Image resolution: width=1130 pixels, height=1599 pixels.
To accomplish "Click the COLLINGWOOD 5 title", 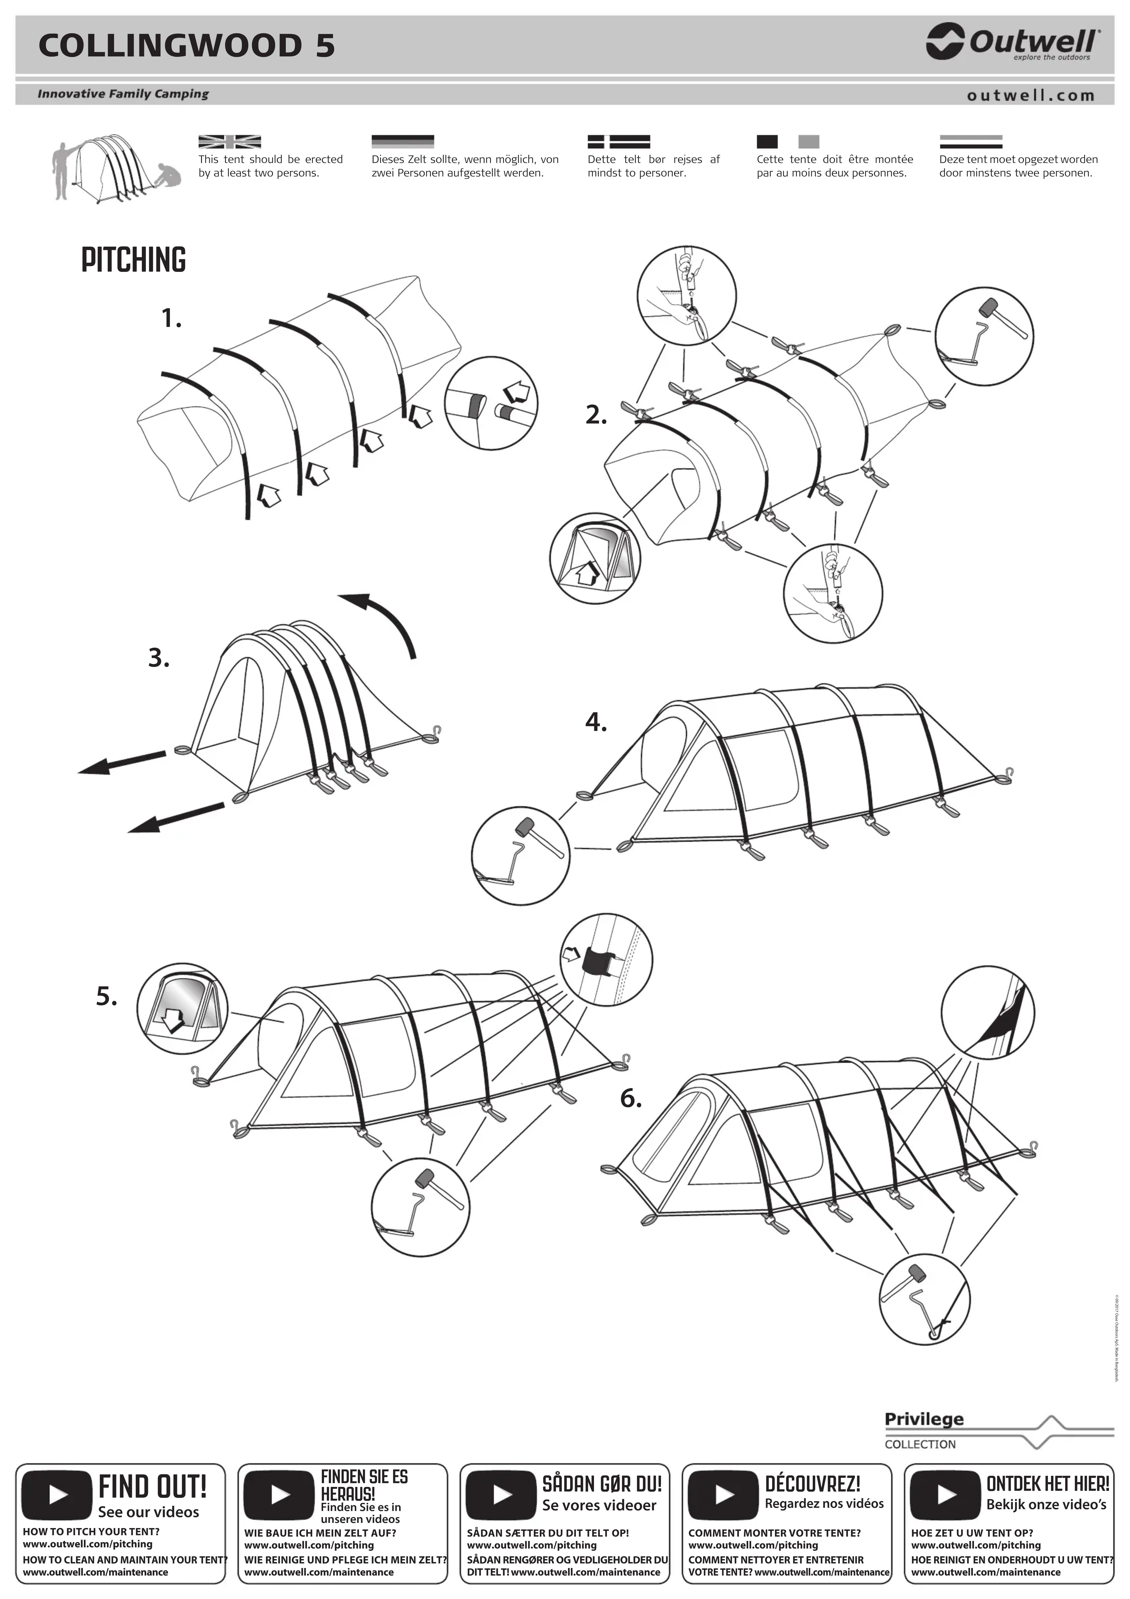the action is pyautogui.click(x=187, y=46).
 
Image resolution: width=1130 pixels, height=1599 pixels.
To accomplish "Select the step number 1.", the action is pyautogui.click(x=171, y=319).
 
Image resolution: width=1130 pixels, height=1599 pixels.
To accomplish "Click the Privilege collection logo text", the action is pyautogui.click(x=924, y=1419).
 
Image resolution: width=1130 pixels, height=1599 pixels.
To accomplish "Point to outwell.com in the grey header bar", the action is pyautogui.click(x=1030, y=95).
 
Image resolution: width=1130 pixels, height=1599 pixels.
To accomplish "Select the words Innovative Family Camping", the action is pyautogui.click(x=123, y=94).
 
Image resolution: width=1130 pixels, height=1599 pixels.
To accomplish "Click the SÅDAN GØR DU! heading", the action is pyautogui.click(x=602, y=1484).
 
